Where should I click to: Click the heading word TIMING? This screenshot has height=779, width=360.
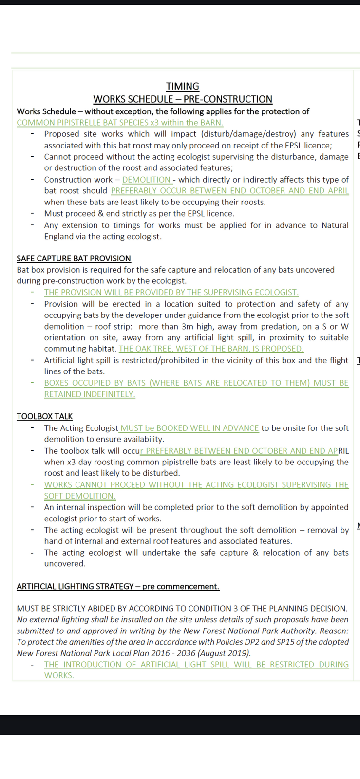[x=183, y=87]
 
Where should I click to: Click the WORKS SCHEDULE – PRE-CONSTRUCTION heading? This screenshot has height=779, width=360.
[x=183, y=99]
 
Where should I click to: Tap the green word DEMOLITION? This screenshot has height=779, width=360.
[x=146, y=180]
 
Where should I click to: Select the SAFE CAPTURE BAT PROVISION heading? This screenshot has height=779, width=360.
[x=74, y=259]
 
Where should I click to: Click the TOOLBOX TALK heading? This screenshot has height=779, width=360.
[x=44, y=417]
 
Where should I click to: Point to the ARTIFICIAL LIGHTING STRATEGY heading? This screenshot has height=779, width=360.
[x=118, y=587]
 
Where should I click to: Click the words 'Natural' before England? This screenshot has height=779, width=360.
[x=335, y=225]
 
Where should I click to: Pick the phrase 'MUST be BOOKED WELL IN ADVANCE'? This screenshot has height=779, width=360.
[x=189, y=428]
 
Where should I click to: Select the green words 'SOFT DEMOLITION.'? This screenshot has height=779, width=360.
[x=80, y=496]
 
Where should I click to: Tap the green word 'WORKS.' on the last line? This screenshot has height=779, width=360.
[x=59, y=676]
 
